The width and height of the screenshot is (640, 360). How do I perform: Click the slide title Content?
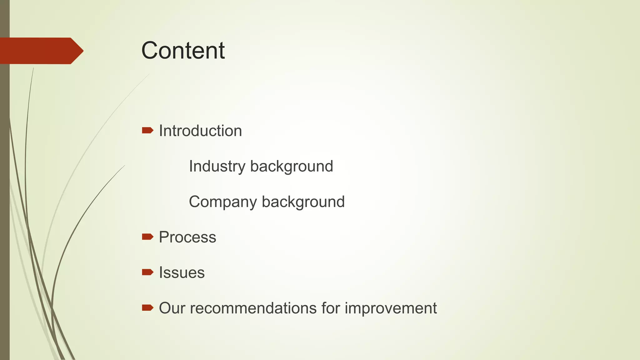(183, 51)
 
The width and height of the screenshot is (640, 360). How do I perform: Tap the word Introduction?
(200, 131)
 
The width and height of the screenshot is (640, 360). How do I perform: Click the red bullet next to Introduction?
(147, 130)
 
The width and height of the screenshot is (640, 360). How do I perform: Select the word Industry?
(217, 166)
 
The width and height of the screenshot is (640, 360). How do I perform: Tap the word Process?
(187, 237)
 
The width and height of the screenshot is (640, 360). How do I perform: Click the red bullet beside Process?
(147, 237)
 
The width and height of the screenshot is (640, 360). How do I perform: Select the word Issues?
(182, 272)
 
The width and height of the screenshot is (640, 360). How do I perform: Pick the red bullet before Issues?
(147, 272)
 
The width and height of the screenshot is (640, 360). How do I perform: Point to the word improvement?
(391, 308)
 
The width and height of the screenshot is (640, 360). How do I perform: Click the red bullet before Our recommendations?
(147, 308)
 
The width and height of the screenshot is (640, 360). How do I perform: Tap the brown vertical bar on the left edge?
(5, 203)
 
